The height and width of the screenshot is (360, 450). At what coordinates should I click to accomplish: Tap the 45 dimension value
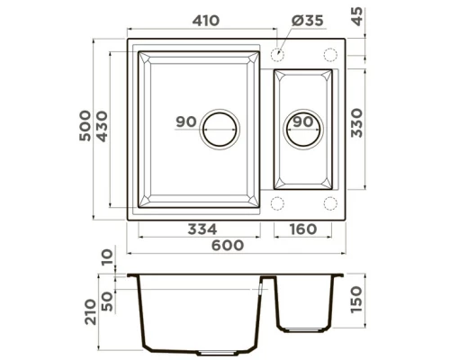pyautogui.click(x=357, y=17)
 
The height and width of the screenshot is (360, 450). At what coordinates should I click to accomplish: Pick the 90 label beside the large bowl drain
pyautogui.click(x=186, y=121)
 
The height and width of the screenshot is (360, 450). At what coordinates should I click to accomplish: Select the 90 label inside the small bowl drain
pyautogui.click(x=303, y=121)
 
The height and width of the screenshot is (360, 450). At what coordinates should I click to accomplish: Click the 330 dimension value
pyautogui.click(x=356, y=122)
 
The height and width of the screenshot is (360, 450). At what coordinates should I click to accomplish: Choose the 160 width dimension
pyautogui.click(x=304, y=229)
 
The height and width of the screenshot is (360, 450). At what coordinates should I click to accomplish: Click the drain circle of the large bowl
pyautogui.click(x=221, y=129)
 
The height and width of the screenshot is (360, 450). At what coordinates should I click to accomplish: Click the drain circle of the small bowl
pyautogui.click(x=303, y=129)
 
